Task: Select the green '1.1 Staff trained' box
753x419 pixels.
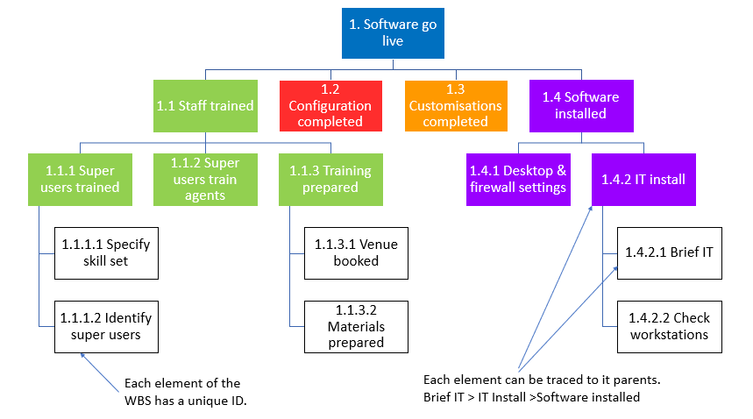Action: [205, 105]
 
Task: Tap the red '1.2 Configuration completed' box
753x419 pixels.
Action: [330, 105]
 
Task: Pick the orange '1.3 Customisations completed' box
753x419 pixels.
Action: [455, 105]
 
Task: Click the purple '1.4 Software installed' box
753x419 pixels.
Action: [579, 105]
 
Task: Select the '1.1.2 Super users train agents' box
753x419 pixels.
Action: [205, 179]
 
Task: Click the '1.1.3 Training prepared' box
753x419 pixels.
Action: [330, 179]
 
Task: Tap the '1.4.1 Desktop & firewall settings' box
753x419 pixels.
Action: [517, 179]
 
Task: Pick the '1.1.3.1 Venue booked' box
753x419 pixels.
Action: [356, 252]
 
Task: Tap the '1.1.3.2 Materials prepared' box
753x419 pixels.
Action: [356, 326]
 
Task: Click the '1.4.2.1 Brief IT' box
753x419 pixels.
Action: [669, 252]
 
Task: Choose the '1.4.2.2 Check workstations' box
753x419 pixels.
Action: [669, 326]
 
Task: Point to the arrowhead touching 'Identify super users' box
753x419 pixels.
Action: [82, 355]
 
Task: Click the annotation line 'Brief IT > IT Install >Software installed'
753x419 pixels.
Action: [531, 397]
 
